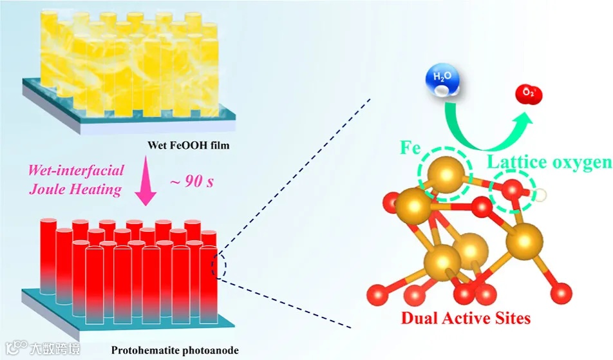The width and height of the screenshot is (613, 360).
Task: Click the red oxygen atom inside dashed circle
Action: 511,190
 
